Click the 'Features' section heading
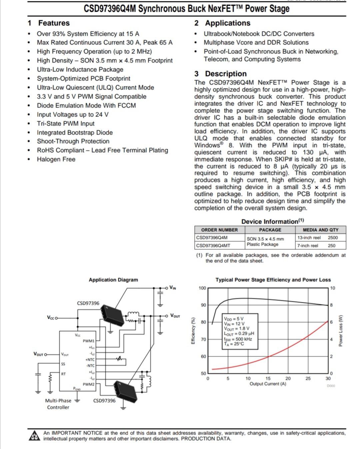point(54,23)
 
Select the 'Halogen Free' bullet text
point(56,159)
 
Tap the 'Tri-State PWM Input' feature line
point(66,123)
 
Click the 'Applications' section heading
point(227,23)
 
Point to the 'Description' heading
point(226,74)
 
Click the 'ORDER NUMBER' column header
point(219,230)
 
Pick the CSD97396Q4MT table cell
point(213,246)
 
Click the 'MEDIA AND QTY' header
point(320,230)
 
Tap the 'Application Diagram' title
point(113,280)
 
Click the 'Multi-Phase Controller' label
point(58,404)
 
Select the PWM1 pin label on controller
point(89,341)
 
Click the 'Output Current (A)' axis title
point(268,384)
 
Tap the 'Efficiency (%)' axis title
point(193,331)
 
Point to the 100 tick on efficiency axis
point(202,288)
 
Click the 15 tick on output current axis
point(268,379)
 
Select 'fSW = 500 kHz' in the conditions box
point(238,339)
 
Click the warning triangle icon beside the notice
point(34,436)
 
